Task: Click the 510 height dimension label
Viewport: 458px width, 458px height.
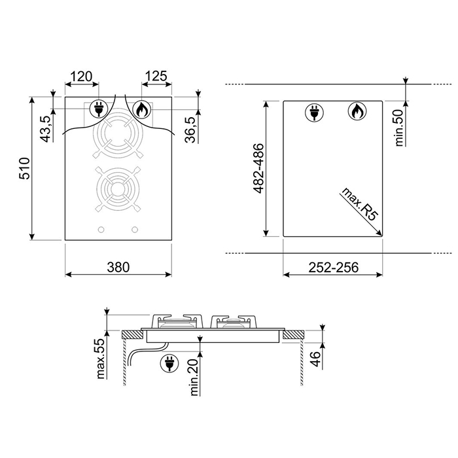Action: coord(24,168)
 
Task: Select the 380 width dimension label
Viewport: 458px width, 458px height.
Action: coord(118,267)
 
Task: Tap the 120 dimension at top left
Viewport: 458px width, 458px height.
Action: coord(82,77)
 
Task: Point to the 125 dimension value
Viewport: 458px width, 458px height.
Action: coord(156,77)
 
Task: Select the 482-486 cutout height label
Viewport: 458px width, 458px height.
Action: coord(259,168)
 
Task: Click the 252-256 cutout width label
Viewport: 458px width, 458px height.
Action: coord(333,267)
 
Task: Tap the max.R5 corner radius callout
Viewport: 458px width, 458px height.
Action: coord(360,204)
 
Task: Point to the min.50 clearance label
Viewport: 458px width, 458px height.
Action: coord(398,128)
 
